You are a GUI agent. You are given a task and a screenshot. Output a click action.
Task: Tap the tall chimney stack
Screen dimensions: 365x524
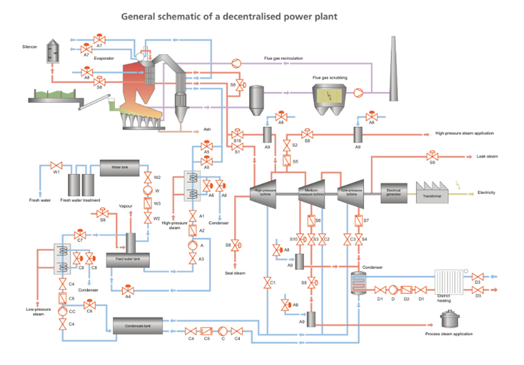394,69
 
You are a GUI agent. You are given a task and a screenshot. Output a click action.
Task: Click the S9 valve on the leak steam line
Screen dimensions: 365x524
432,156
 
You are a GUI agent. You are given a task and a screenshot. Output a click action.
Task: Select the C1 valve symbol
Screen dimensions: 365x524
267,283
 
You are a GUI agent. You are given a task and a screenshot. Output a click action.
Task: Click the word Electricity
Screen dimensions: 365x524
486,193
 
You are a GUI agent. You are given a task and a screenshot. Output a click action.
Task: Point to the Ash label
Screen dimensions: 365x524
207,129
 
